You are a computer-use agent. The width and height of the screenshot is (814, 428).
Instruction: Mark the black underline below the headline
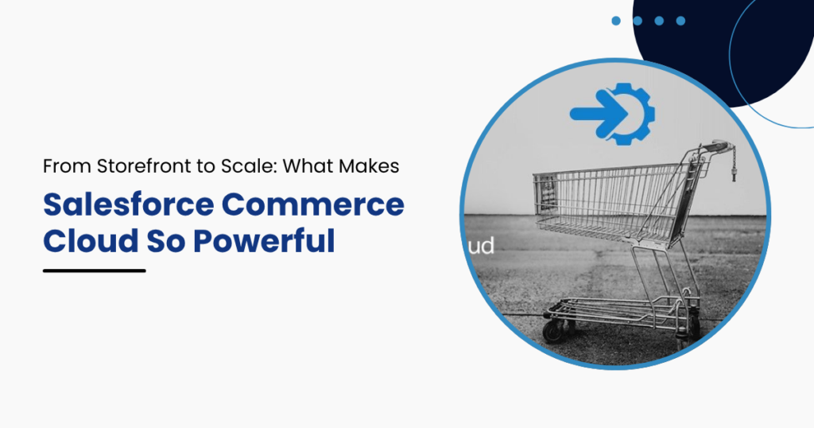[x=94, y=270]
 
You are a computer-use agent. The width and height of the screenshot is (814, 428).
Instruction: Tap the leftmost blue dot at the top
[x=616, y=21]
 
